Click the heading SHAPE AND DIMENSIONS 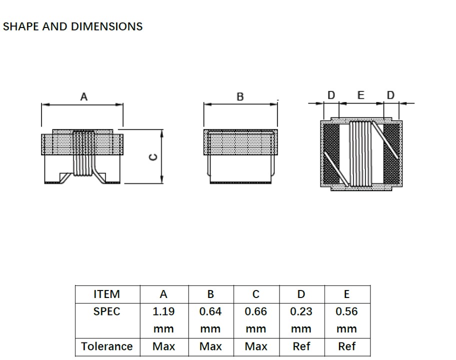[x=73, y=27]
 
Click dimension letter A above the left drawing [x=83, y=97]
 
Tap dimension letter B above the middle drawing [x=240, y=97]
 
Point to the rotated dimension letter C [x=154, y=157]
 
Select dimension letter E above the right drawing [x=361, y=95]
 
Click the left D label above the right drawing [x=331, y=95]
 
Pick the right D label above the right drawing [x=390, y=95]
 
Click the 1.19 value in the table [x=163, y=311]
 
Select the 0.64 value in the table [x=210, y=311]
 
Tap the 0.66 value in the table [x=256, y=311]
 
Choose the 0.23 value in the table [x=301, y=311]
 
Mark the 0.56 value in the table [x=346, y=311]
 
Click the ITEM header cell [x=107, y=294]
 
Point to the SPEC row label [x=107, y=311]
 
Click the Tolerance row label [x=107, y=346]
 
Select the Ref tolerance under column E [x=346, y=346]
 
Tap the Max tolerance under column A [x=163, y=346]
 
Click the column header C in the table [x=256, y=294]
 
